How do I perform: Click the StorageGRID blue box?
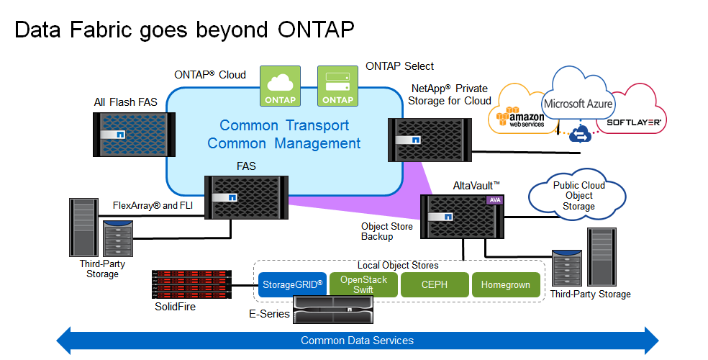pos(291,284)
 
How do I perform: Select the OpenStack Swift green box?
pos(363,284)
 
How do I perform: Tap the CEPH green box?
pos(435,284)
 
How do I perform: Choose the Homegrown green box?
pos(506,284)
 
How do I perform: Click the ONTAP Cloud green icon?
pos(280,86)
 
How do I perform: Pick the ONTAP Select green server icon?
pos(338,86)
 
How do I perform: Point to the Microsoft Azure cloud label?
pos(578,104)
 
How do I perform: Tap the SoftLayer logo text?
pos(634,123)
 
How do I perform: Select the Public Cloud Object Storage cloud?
pos(578,196)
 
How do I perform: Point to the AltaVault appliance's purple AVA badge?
pos(494,200)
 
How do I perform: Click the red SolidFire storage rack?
pos(191,284)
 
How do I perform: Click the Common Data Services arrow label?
pos(357,341)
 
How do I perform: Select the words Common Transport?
pos(284,125)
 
